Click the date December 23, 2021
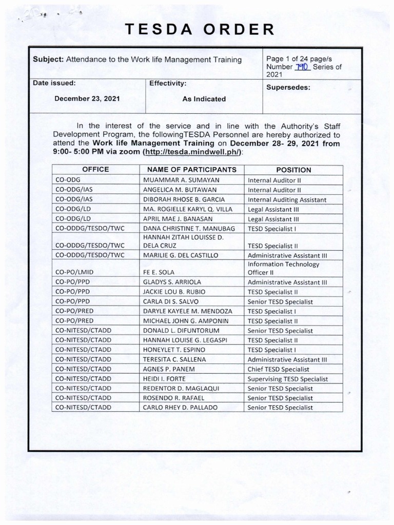[x=87, y=99]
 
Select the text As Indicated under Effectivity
[x=204, y=99]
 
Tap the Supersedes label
[x=288, y=87]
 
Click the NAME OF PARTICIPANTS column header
[x=192, y=170]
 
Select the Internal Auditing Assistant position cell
[x=287, y=199]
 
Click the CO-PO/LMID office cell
[x=75, y=272]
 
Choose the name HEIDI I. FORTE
[x=164, y=379]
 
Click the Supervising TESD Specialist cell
[x=287, y=379]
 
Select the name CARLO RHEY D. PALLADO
[x=181, y=408]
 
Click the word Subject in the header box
[x=48, y=59]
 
